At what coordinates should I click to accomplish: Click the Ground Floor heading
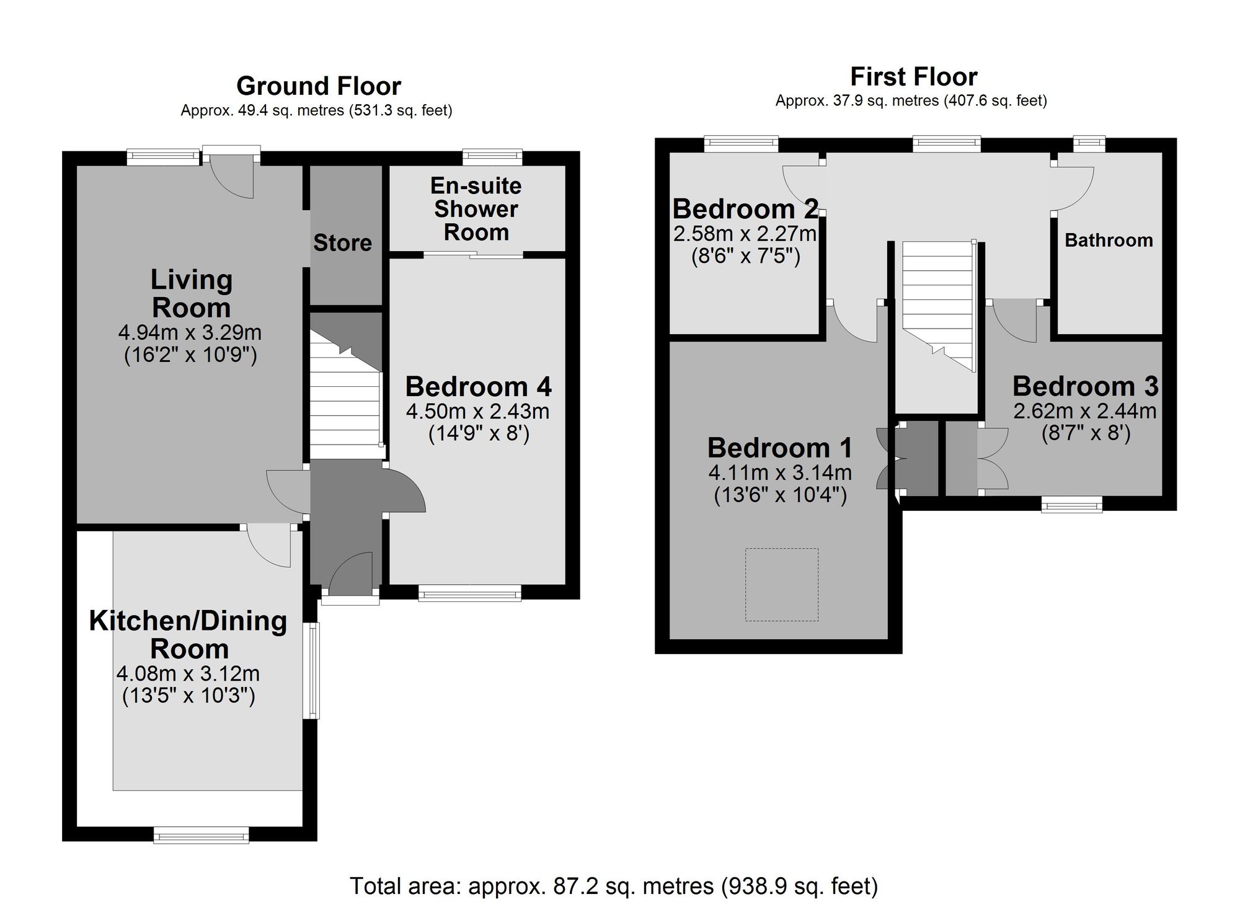(319, 86)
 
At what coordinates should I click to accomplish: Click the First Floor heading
(914, 77)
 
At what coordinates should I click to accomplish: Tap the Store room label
(342, 243)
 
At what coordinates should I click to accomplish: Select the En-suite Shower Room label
(476, 209)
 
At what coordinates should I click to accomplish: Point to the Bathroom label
(1109, 240)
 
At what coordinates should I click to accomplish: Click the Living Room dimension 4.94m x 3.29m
(190, 333)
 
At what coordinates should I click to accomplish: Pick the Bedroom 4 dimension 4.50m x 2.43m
(478, 411)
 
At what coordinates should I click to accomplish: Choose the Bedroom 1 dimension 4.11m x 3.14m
(780, 473)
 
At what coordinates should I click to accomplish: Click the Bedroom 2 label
(745, 209)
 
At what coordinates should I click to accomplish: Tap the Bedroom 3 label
(1086, 386)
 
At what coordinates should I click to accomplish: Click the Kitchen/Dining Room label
(188, 635)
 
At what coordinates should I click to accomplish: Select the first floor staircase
(937, 306)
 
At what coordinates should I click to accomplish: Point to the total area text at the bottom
(614, 886)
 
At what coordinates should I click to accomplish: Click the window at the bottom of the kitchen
(201, 836)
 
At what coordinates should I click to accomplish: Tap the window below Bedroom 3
(1072, 504)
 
